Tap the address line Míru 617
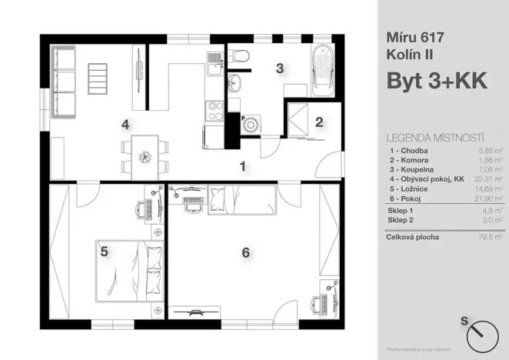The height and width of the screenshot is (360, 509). [416, 36]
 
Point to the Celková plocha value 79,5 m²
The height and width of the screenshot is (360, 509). [489, 238]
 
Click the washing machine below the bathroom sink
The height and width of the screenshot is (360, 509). [251, 125]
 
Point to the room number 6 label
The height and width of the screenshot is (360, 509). [245, 252]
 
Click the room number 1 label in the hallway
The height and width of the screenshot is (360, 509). [241, 165]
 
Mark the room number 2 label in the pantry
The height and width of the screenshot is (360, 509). [318, 122]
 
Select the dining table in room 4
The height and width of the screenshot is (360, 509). [144, 155]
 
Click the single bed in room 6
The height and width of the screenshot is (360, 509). [241, 201]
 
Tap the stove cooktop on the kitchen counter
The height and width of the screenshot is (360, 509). [211, 112]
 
